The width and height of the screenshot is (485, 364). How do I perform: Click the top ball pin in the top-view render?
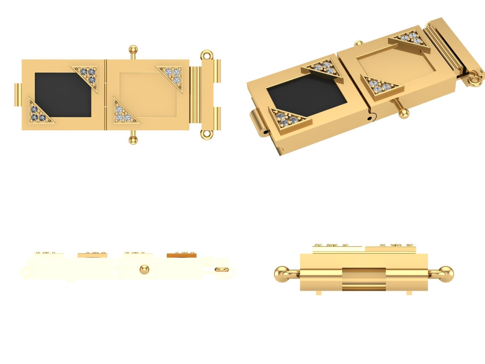click(133, 49)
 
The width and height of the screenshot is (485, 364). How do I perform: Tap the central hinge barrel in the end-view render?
click(364, 280)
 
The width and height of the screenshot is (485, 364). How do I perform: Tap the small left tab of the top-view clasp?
click(18, 95)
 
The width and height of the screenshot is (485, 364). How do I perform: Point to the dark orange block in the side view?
click(181, 255)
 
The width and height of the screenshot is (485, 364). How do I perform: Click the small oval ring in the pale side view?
click(221, 269)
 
